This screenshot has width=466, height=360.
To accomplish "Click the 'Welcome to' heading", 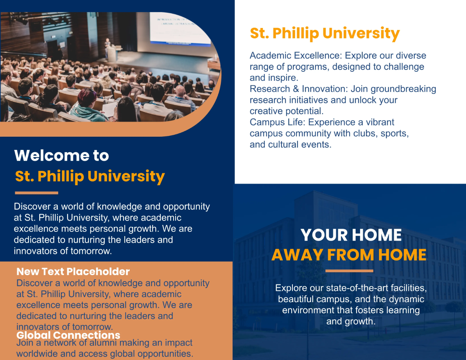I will pos(61,156).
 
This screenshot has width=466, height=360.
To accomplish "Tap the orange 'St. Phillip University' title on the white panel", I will pos(325,33).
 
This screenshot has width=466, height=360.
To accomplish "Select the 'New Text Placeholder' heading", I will pos(73,271).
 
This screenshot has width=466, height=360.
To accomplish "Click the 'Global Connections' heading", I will pos(68,335).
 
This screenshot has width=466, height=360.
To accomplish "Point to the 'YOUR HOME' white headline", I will pos(351,235).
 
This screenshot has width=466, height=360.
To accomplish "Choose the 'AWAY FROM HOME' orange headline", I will pos(349,255).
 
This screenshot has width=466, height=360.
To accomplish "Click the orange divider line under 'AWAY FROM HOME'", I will pos(349,271).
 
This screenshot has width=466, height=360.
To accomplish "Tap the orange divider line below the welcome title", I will pos(37,193).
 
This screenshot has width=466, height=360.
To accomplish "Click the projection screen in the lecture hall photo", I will pos(181,27).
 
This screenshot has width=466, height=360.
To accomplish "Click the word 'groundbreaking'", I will pos(403,89).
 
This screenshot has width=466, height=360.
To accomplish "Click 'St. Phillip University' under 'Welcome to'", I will pos(90,176).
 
